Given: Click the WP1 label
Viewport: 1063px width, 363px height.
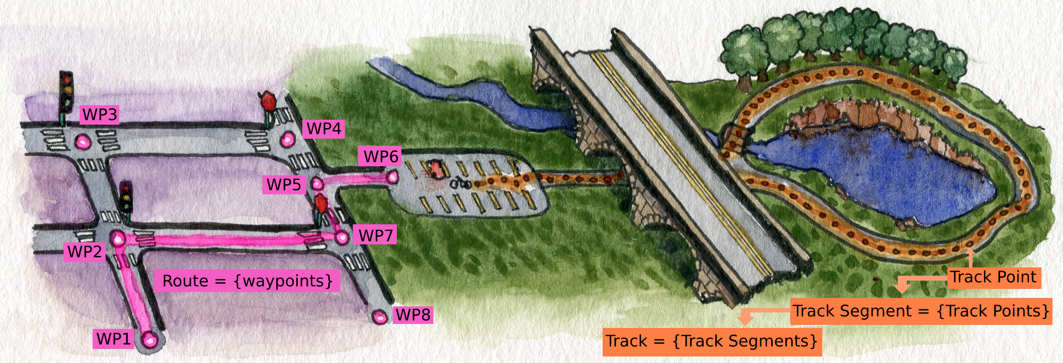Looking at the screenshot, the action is click(x=114, y=339).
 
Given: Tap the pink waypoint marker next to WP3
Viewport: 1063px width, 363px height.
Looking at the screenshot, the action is click(x=83, y=142).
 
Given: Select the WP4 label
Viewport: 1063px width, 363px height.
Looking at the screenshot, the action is click(x=323, y=129).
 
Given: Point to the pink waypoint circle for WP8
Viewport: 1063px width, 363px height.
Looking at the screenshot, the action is click(x=380, y=317).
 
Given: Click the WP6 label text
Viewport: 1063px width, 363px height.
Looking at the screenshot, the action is click(x=380, y=156).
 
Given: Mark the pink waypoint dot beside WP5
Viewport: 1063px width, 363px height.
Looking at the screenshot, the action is click(x=317, y=184).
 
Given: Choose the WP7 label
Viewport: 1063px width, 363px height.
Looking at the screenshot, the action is click(x=375, y=235).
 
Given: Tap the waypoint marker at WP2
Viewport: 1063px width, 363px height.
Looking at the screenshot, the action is click(x=118, y=238).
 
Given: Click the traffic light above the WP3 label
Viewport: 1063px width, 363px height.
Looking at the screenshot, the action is click(x=66, y=95).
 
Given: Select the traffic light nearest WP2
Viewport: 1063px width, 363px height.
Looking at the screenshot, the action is click(x=126, y=200).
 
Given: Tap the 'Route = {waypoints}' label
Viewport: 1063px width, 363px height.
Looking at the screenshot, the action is click(x=247, y=281).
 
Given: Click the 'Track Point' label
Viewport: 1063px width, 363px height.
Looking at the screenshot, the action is click(x=994, y=277).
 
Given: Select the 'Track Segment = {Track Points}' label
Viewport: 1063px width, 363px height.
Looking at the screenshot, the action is click(x=921, y=311).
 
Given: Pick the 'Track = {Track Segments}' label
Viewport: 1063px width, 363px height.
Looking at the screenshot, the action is click(x=712, y=341).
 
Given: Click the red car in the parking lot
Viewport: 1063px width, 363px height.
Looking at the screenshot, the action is click(x=436, y=168).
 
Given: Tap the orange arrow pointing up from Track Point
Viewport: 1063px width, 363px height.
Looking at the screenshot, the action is click(x=970, y=257).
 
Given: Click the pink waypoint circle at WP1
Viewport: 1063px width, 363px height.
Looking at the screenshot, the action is click(x=150, y=340).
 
